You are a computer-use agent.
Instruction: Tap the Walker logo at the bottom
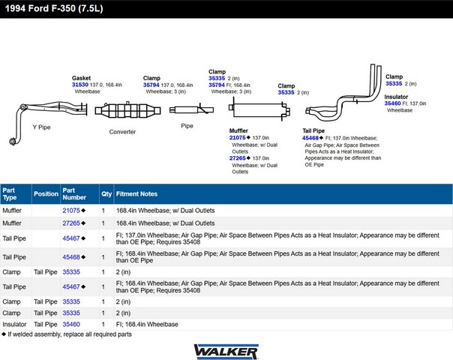(226, 350)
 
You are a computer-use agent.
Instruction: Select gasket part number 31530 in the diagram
(80, 85)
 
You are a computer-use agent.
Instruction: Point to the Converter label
(122, 131)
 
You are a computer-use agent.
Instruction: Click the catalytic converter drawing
(123, 111)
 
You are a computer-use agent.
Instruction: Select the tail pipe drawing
(345, 97)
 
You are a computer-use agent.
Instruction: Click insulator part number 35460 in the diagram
(393, 103)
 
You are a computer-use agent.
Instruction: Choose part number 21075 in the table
(70, 211)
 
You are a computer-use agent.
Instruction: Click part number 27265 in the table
(70, 223)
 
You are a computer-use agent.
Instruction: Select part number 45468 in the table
(70, 257)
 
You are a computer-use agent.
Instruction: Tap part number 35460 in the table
(70, 324)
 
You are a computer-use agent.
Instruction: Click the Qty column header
(106, 193)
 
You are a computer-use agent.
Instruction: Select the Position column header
(46, 193)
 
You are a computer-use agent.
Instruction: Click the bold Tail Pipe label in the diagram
(313, 130)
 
